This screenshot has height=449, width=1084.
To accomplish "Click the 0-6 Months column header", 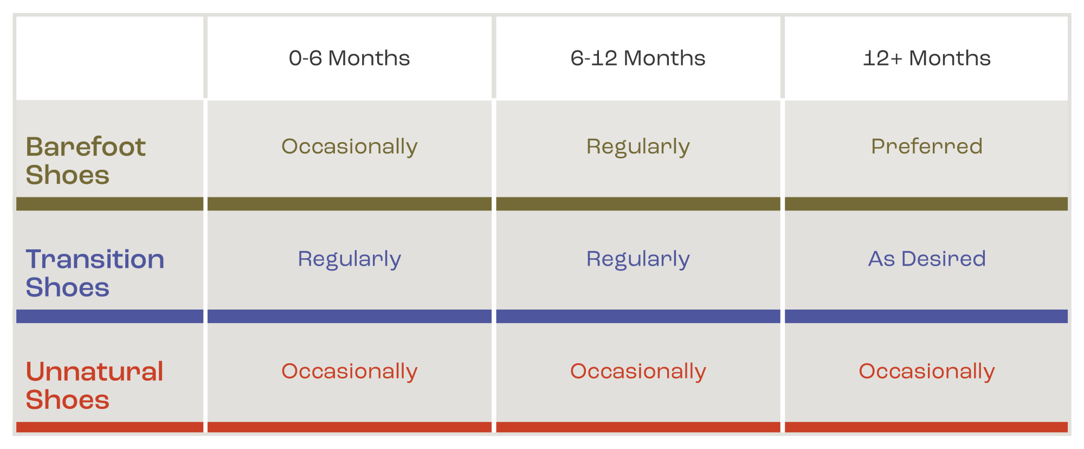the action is (349, 58).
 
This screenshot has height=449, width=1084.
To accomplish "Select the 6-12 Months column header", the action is (638, 58).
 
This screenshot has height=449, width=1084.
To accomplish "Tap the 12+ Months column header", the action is (927, 58).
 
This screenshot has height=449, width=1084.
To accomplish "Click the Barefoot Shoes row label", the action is (86, 161).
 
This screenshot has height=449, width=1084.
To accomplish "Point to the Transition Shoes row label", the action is (95, 273).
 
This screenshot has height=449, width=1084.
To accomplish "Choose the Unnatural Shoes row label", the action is (94, 386).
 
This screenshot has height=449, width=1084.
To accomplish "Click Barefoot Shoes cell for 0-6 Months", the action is (349, 146).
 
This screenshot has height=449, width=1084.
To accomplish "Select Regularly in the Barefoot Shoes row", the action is (638, 146).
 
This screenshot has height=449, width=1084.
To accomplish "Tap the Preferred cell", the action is (927, 146).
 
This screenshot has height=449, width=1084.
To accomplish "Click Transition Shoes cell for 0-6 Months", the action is (349, 259).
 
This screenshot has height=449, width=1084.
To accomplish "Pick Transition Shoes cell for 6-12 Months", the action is (638, 259).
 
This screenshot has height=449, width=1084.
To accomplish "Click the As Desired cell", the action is (927, 259).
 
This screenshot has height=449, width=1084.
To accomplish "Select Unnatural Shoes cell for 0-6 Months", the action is (349, 371).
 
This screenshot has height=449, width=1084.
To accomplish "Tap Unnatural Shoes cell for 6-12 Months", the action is (638, 371).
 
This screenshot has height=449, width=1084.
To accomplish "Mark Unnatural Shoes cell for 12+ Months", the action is (927, 371).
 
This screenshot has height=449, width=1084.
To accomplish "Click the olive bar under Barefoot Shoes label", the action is (109, 204).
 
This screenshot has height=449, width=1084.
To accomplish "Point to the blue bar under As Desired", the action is (926, 316).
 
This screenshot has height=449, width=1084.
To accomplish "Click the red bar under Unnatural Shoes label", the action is (109, 427).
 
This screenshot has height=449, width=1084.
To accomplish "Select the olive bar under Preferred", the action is (926, 204).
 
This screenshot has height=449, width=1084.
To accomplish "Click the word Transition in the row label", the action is (95, 259).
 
